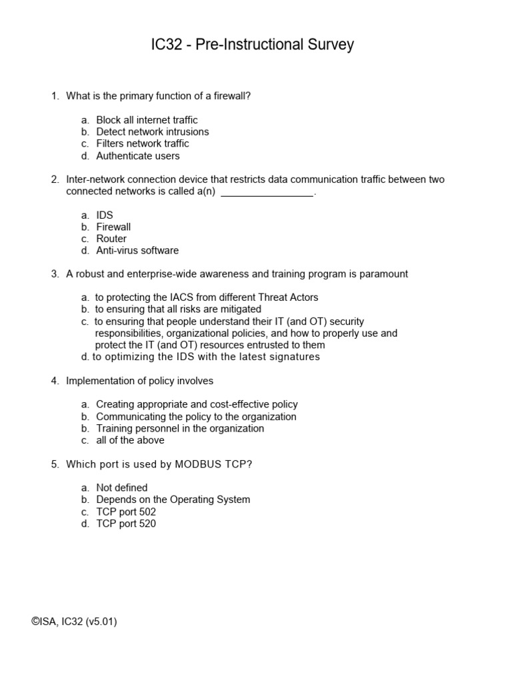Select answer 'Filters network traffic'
click(142, 143)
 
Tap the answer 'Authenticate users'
click(137, 156)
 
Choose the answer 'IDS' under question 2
click(105, 215)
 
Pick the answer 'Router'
click(111, 239)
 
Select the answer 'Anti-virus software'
click(137, 251)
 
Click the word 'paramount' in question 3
click(383, 274)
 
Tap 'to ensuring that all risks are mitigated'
click(178, 309)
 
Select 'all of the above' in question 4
click(130, 440)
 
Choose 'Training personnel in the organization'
click(180, 428)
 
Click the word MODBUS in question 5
click(199, 464)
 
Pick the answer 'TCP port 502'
click(126, 512)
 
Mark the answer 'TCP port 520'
click(126, 524)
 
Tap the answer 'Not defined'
click(122, 488)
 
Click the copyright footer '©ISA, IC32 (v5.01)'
click(74, 622)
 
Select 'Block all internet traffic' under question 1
click(147, 120)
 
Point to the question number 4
click(55, 381)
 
